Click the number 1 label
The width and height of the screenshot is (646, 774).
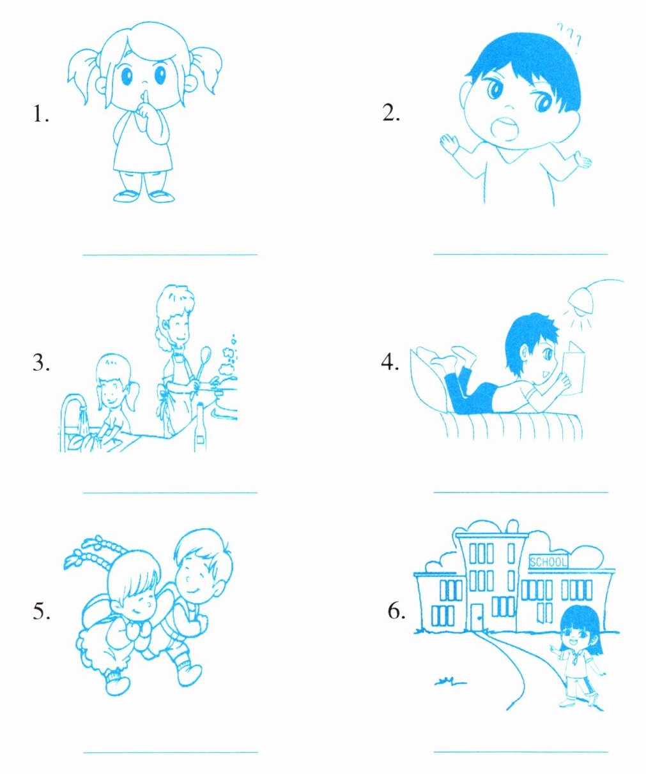[x=40, y=114]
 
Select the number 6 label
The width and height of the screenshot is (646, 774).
[x=396, y=611]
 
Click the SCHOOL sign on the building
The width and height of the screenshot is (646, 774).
[x=548, y=562]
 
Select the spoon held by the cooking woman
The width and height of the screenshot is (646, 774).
[x=202, y=367]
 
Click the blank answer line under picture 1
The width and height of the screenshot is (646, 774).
[x=170, y=255]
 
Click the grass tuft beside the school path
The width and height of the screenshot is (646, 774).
[x=450, y=681]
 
